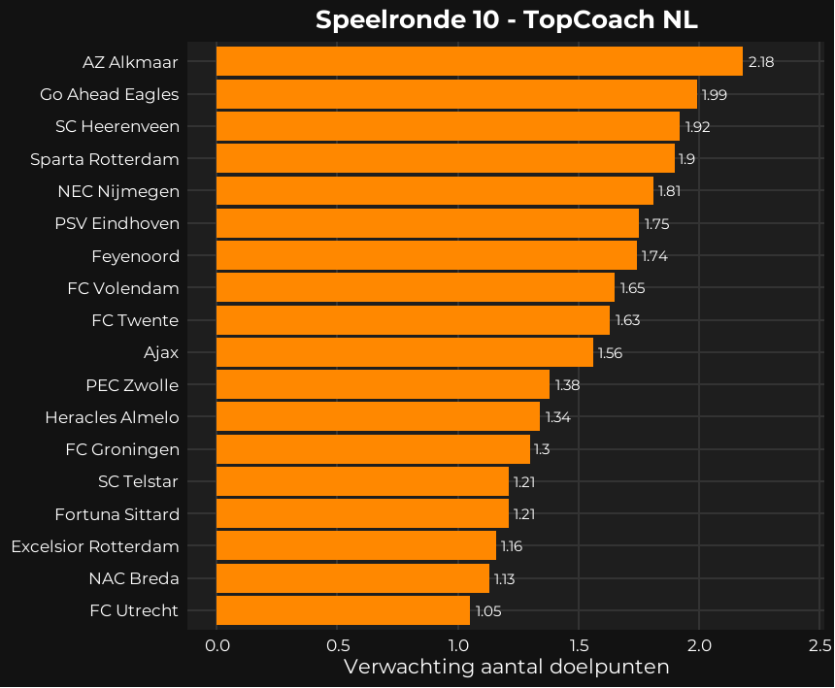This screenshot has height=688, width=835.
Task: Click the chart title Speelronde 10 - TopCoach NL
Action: [506, 20]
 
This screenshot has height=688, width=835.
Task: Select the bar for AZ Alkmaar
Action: [479, 62]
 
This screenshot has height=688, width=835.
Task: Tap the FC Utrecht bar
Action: [343, 610]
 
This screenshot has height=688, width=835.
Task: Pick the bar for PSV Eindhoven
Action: [427, 223]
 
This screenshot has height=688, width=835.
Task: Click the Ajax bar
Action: [404, 352]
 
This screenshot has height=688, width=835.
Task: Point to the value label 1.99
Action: [715, 94]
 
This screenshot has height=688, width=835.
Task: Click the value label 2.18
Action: [761, 62]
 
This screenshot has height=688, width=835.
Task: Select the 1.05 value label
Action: [488, 610]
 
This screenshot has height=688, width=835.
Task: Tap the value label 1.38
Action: [567, 385]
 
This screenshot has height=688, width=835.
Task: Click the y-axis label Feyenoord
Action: [135, 256]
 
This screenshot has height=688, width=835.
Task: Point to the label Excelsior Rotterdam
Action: [95, 546]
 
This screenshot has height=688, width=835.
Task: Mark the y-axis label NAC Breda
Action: [134, 578]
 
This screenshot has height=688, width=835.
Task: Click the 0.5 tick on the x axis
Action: [337, 645]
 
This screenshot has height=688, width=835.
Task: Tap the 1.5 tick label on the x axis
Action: [579, 645]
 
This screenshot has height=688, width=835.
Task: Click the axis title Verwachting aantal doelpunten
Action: [506, 668]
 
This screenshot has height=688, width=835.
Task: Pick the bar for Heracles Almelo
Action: [378, 417]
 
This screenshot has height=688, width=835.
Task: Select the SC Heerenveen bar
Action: [448, 126]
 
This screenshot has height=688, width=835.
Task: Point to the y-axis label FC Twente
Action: [135, 320]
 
